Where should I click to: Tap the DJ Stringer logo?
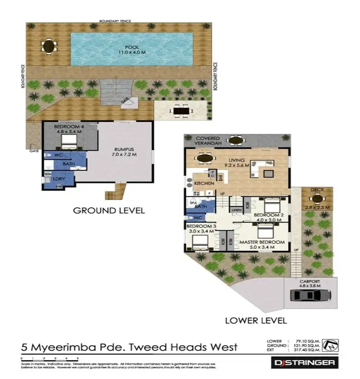[302, 363]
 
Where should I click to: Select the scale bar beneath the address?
[50, 358]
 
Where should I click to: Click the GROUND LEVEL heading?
[108, 210]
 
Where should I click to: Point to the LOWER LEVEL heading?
[255, 320]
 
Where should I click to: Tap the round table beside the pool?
[48, 47]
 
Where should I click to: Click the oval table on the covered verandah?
[236, 141]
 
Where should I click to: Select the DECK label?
[317, 190]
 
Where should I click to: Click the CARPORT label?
[309, 282]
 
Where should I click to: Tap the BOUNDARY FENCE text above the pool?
[115, 21]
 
